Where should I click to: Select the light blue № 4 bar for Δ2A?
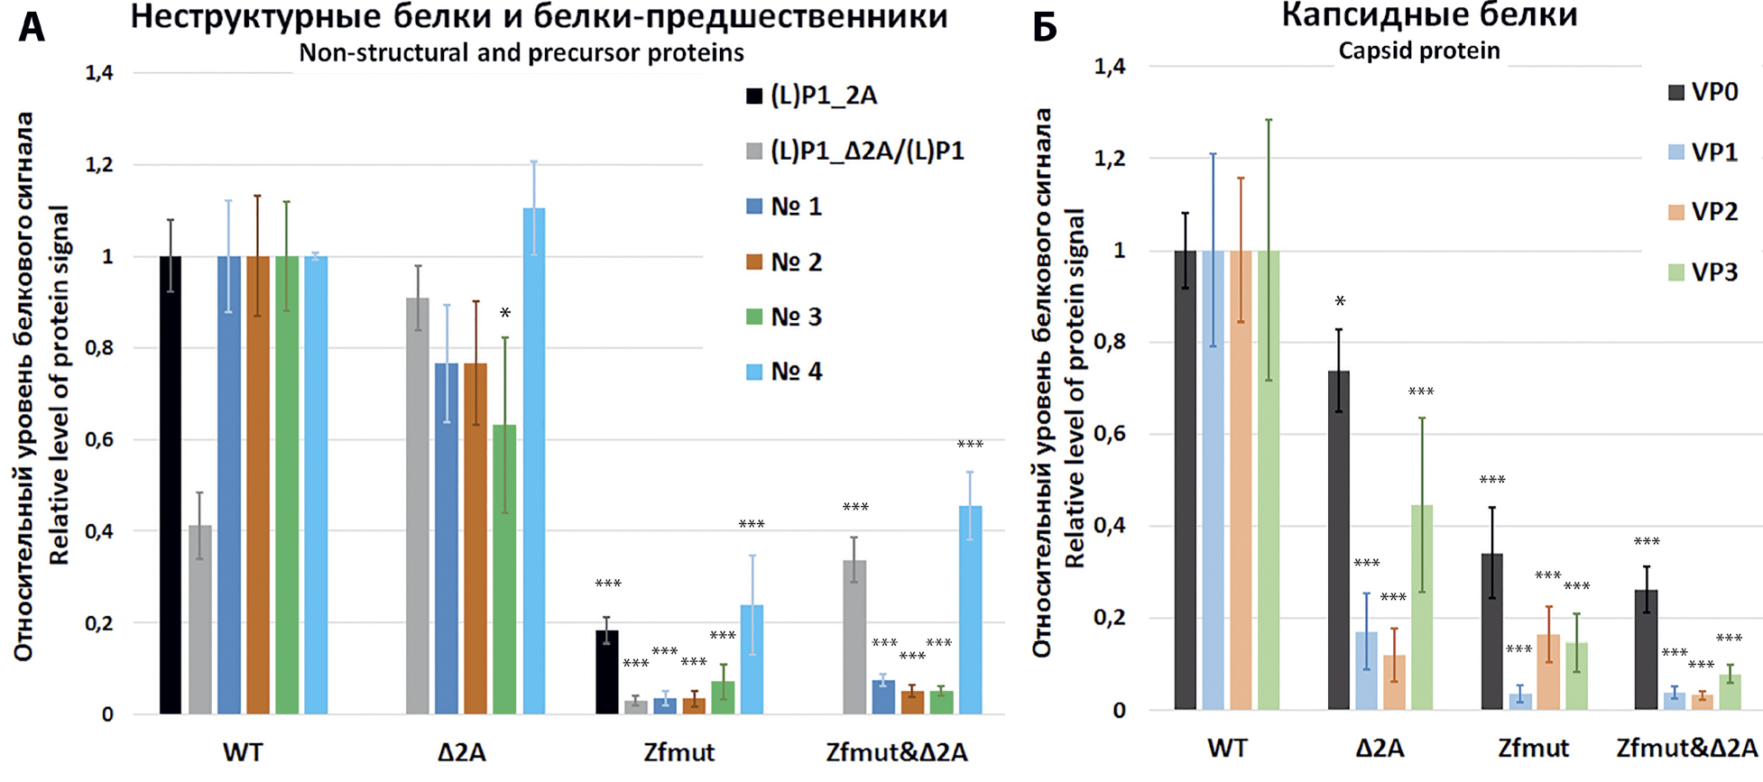coord(534,461)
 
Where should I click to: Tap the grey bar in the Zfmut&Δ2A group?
coord(854,637)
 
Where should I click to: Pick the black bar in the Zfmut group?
coord(607,672)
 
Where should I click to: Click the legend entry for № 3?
coord(783,317)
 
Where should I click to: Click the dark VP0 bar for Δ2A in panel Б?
coord(1339,539)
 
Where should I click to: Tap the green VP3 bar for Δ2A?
coord(1421,606)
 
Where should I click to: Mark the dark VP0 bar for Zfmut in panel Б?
coord(1492,630)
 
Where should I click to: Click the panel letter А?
coord(31,27)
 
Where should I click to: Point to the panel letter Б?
coord(1044,27)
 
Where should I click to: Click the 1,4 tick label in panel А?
coord(99,73)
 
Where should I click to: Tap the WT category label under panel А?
coord(243,751)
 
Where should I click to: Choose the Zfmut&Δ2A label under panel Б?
coord(1686,748)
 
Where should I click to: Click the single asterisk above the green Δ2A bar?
coord(505,314)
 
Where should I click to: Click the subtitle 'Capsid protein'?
coord(1418,51)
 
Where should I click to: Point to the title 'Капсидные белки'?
coord(1429,15)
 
